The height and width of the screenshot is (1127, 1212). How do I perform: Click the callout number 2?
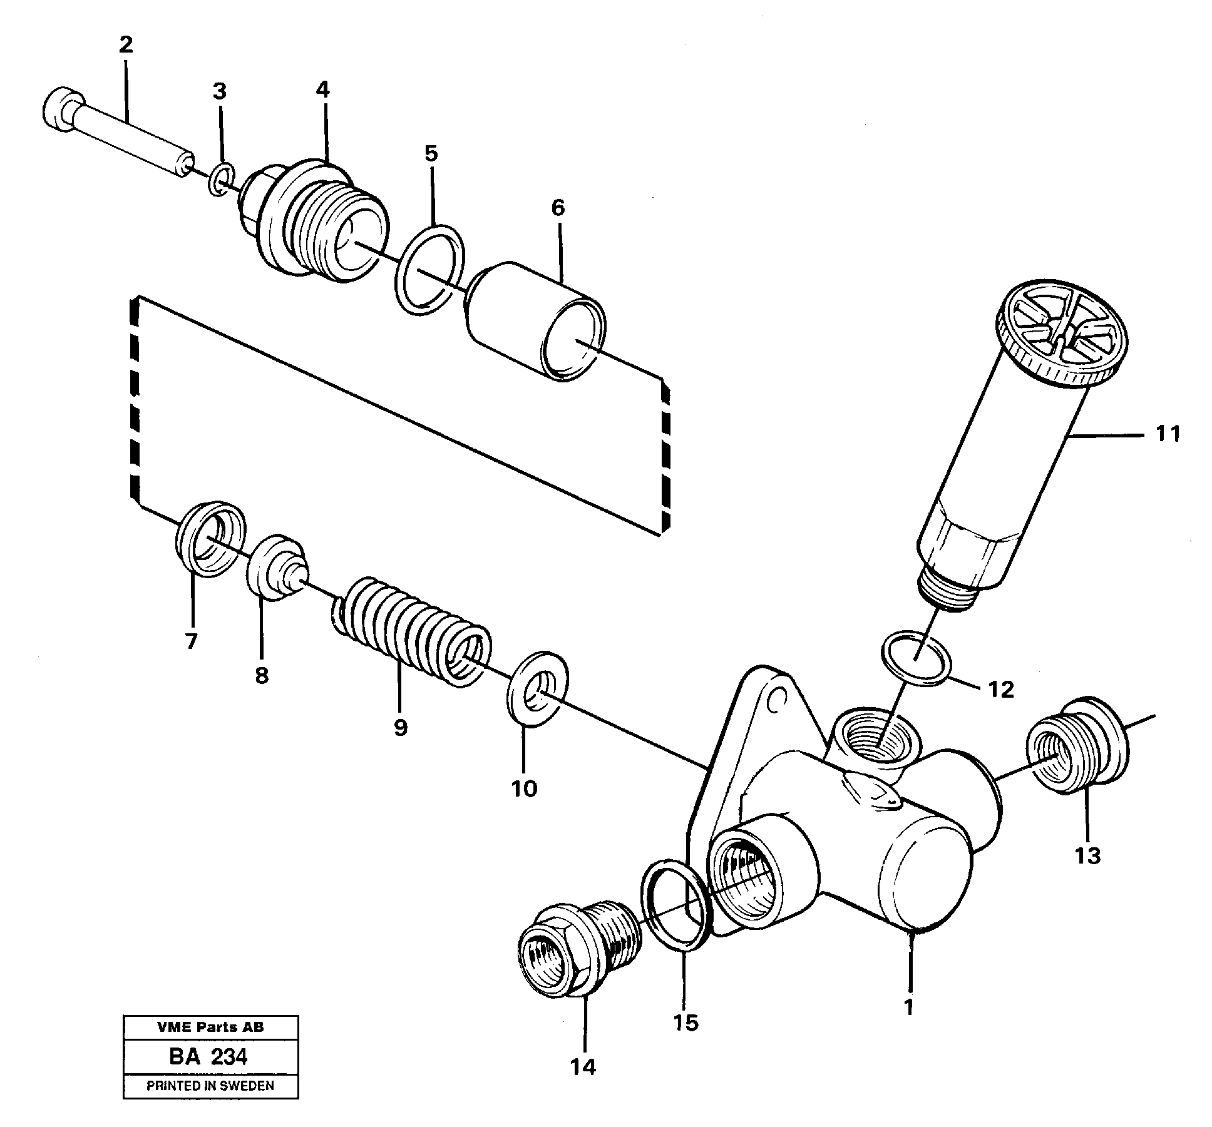125,45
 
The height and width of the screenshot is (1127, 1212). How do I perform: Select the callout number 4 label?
322,89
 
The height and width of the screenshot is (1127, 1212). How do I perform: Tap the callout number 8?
261,676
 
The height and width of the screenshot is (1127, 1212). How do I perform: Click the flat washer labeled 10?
537,689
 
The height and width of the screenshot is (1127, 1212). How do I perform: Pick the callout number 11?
1168,434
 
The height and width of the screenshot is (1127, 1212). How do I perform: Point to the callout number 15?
686,1023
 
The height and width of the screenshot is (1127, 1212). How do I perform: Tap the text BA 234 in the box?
208,1057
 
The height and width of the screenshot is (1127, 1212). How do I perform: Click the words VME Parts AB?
210,1027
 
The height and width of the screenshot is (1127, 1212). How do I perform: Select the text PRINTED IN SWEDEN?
210,1086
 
